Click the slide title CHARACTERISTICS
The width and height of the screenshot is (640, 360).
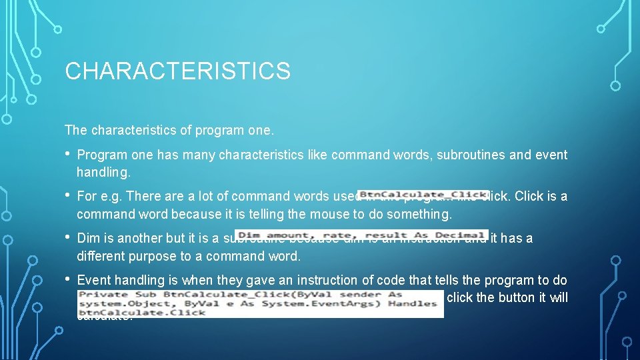(177, 71)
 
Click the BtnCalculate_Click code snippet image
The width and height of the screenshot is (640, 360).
(423, 195)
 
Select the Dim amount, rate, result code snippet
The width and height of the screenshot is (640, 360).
(361, 235)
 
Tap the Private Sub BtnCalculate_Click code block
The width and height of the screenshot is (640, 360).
(259, 303)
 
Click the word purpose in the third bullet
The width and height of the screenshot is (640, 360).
(158, 256)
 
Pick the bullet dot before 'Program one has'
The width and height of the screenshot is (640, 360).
(68, 154)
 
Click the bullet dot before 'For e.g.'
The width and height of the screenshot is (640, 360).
(68, 195)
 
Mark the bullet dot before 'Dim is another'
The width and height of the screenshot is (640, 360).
(68, 237)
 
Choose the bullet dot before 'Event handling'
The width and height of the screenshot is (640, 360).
(68, 279)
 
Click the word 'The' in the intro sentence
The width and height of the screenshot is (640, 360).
(75, 129)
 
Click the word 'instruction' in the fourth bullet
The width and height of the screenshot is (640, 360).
(331, 280)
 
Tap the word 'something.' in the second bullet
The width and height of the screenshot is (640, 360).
(421, 214)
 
